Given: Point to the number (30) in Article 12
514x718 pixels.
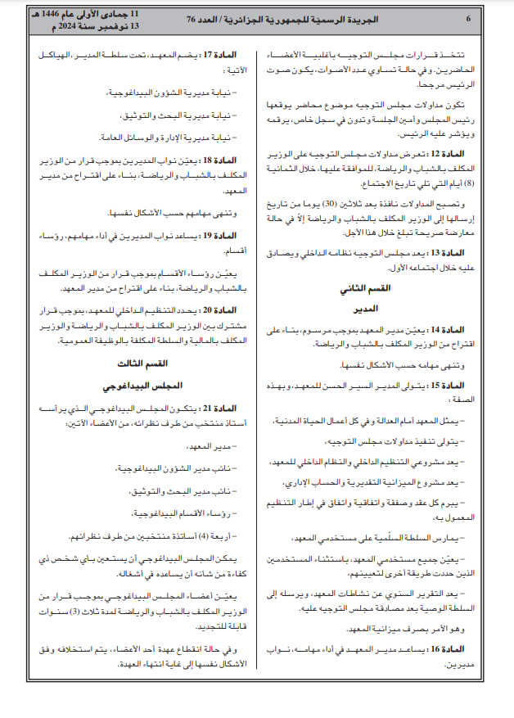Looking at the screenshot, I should coord(337,203).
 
